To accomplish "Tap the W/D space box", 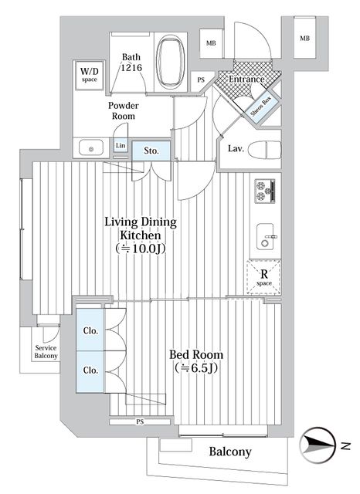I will (x=89, y=75).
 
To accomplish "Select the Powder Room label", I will (x=123, y=110).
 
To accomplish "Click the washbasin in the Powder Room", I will (x=91, y=147).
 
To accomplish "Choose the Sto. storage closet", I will (x=151, y=151).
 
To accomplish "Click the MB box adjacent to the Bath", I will (x=210, y=43).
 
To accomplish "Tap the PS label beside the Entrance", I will (x=202, y=80).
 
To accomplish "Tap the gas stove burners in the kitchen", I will (x=266, y=190).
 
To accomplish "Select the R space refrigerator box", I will (x=263, y=277).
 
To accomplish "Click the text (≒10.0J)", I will (x=141, y=249).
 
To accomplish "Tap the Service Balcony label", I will (x=46, y=352).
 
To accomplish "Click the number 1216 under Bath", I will (x=131, y=69).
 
